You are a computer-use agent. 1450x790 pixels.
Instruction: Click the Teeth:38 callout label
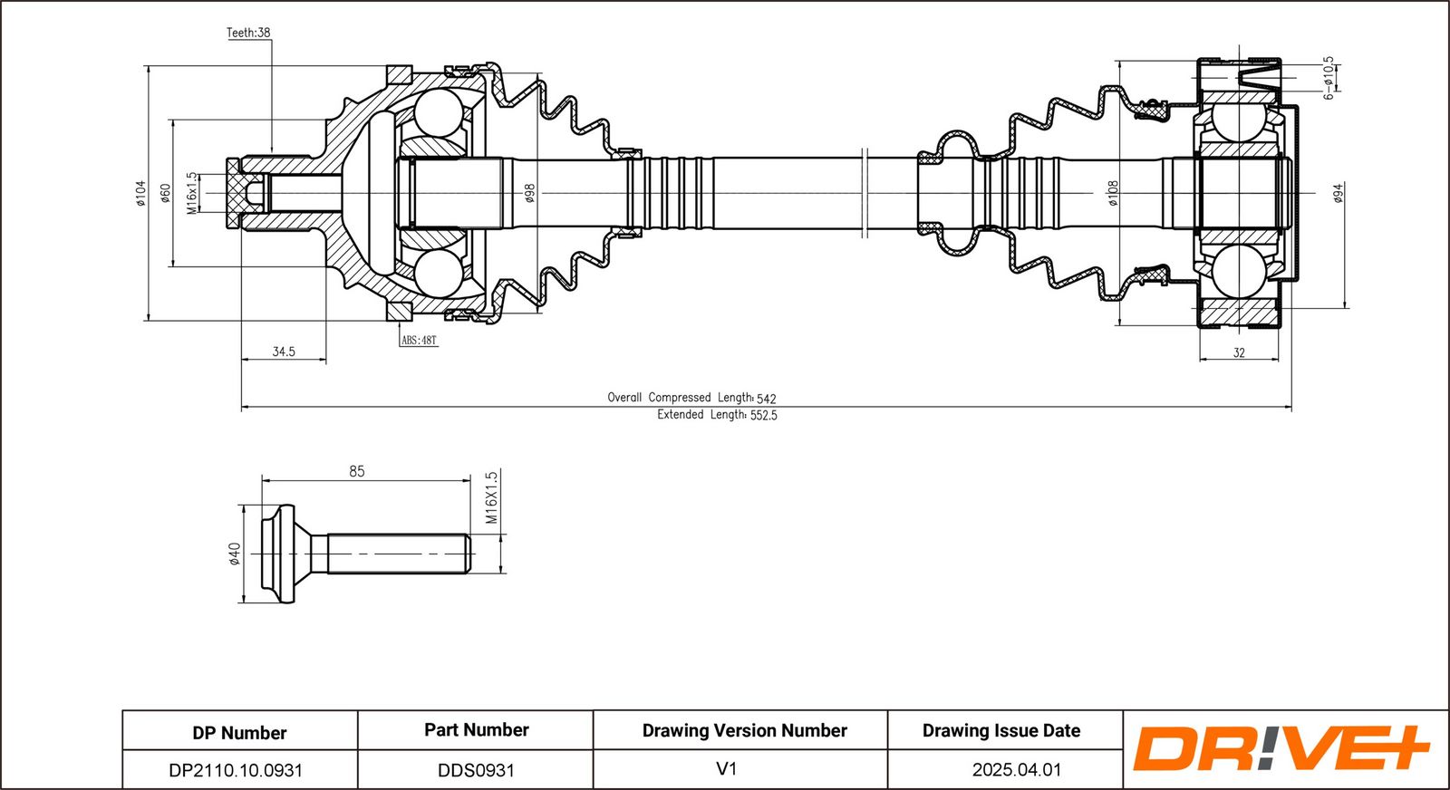tap(248, 33)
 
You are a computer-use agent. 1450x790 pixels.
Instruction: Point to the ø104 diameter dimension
tap(141, 193)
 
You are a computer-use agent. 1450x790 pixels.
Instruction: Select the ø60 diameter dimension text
tap(165, 193)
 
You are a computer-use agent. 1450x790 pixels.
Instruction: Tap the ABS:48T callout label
tap(419, 341)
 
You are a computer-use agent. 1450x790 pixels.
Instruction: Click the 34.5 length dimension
tap(284, 352)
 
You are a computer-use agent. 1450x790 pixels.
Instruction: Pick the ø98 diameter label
tap(529, 193)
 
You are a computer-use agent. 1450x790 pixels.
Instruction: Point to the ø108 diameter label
tap(1112, 193)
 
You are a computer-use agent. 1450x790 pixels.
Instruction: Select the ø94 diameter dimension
tap(1339, 193)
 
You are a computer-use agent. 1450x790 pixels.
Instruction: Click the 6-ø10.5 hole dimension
tap(1329, 78)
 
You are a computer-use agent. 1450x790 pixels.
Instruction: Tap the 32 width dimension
tap(1239, 352)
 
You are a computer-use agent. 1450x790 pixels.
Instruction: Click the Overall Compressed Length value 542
tap(767, 400)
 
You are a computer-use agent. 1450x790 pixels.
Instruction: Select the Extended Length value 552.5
tap(764, 415)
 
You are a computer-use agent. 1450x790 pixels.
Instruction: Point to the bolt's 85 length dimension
tap(357, 471)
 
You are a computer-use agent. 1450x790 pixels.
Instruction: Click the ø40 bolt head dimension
tap(235, 554)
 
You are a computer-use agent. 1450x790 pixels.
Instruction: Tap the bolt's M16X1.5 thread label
tap(491, 497)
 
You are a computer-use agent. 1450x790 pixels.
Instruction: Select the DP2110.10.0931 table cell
tap(236, 770)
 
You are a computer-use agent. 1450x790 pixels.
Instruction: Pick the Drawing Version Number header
tap(744, 730)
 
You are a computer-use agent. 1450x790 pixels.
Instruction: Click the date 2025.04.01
tap(1017, 769)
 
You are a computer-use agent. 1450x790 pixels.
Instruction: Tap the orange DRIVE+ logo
tap(1281, 748)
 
